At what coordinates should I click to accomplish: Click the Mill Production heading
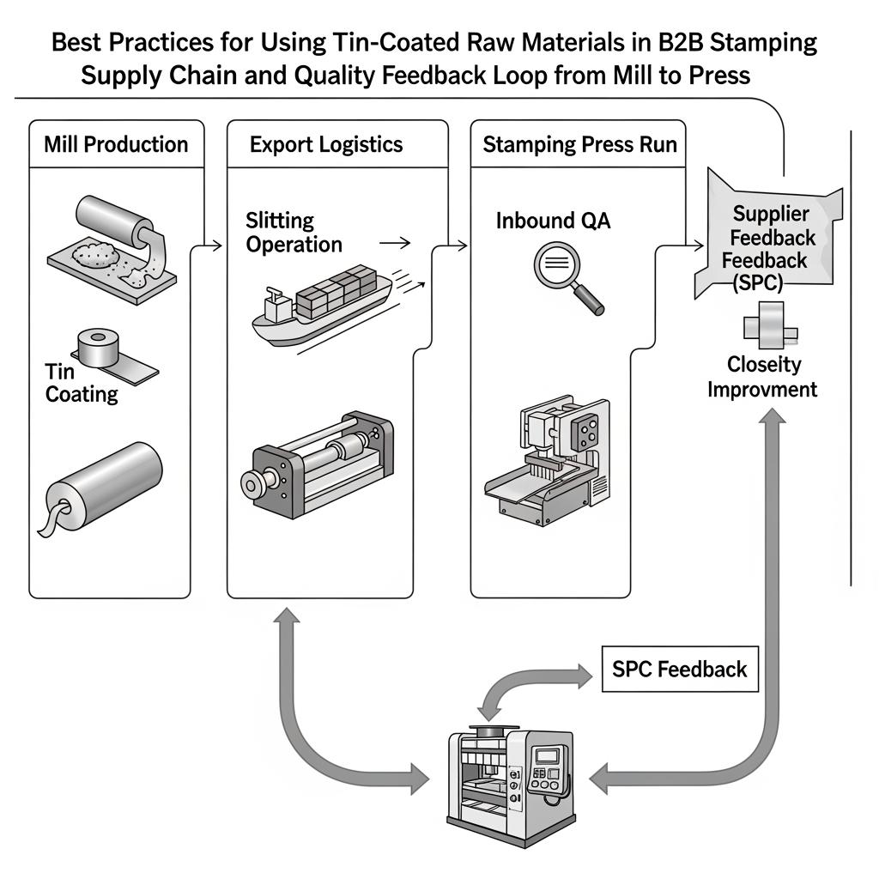click(116, 143)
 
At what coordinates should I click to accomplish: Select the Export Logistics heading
click(326, 143)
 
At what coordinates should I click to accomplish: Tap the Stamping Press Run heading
click(580, 143)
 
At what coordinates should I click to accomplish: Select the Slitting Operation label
click(294, 233)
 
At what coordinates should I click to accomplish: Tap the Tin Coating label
click(81, 383)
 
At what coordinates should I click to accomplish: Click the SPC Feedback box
click(680, 670)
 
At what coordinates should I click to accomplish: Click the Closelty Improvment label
click(762, 377)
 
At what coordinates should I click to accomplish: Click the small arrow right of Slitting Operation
click(394, 243)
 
